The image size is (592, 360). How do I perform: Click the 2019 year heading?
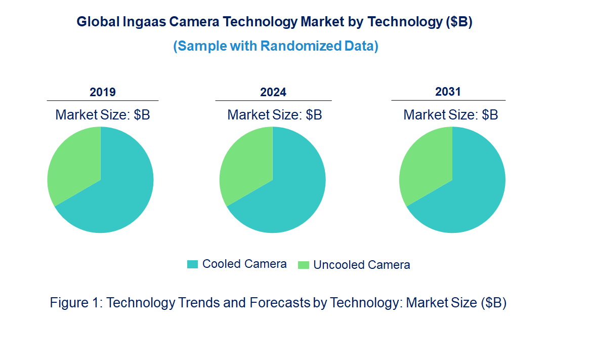pyautogui.click(x=103, y=92)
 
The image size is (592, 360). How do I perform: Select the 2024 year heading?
pyautogui.click(x=273, y=92)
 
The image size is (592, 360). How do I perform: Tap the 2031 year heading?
pyautogui.click(x=448, y=92)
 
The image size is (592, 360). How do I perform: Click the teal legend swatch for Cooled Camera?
pyautogui.click(x=192, y=264)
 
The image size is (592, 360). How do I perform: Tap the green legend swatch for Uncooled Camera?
pyautogui.click(x=304, y=265)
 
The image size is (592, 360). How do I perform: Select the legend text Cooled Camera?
pyautogui.click(x=244, y=264)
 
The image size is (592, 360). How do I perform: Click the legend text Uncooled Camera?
pyautogui.click(x=362, y=265)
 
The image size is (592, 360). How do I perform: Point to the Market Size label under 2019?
pyautogui.click(x=103, y=115)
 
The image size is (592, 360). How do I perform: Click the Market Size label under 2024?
pyautogui.click(x=275, y=115)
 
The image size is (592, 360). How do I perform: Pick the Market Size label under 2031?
pyautogui.click(x=451, y=115)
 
